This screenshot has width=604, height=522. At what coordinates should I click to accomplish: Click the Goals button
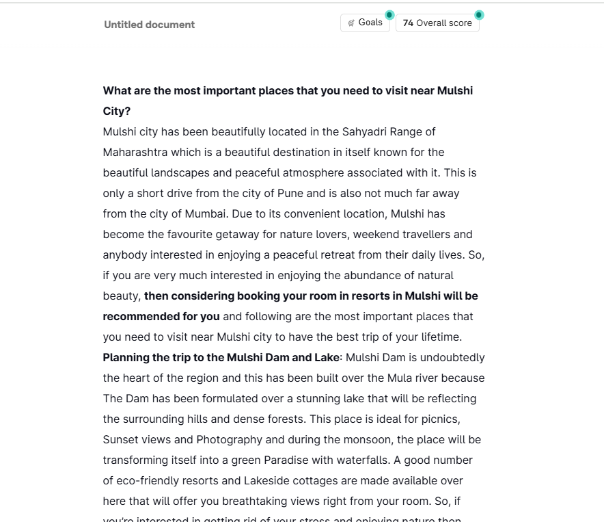(365, 23)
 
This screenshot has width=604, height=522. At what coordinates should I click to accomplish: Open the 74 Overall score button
(437, 23)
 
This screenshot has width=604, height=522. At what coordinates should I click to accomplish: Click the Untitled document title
(149, 25)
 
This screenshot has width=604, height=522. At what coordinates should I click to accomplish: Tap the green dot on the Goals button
(389, 14)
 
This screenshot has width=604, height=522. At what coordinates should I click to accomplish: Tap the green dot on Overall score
(479, 14)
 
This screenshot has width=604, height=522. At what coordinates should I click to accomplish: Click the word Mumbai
(205, 213)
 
